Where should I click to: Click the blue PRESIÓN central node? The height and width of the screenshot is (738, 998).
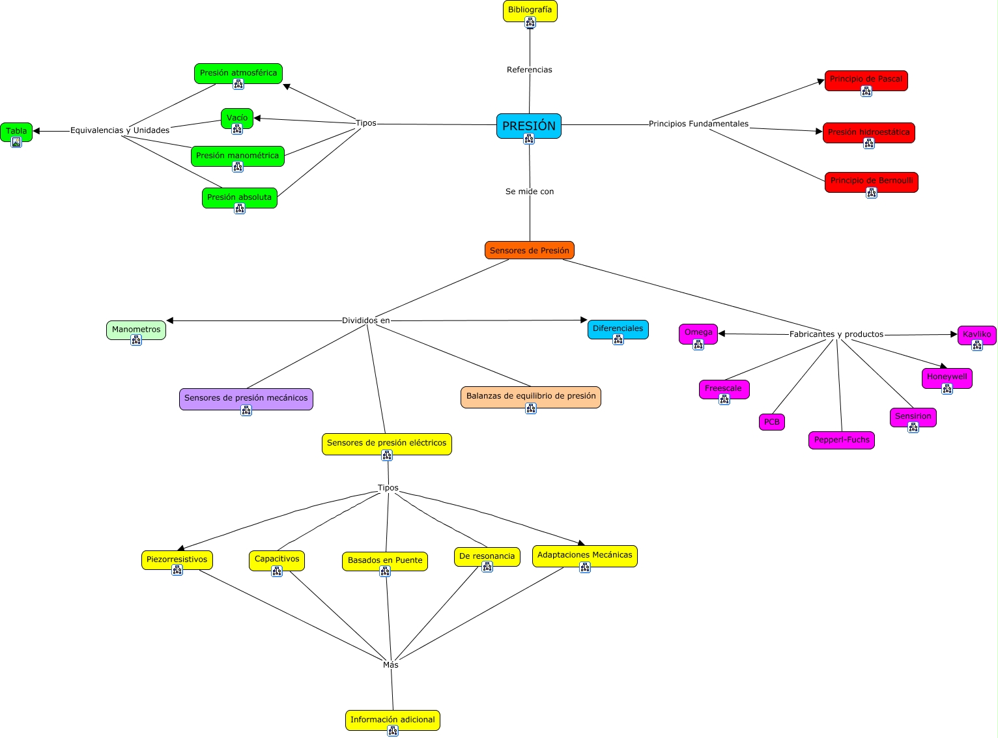[528, 126]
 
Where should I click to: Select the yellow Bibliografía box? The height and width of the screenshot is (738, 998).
[530, 10]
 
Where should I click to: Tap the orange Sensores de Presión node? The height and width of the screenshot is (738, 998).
[529, 250]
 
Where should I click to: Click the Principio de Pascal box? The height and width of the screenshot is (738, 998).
[866, 79]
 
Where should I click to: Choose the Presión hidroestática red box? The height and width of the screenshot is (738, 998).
[868, 132]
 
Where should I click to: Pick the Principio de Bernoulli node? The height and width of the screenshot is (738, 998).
[871, 181]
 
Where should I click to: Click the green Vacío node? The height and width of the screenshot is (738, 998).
[237, 118]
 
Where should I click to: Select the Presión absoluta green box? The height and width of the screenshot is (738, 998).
[239, 197]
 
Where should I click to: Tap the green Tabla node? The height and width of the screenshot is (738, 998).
[16, 131]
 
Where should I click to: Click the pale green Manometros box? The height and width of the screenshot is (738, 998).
[136, 330]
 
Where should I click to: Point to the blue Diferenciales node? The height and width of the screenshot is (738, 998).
[618, 329]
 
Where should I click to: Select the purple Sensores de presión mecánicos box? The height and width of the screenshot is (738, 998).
[246, 398]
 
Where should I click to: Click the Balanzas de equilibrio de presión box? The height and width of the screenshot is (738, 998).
[530, 396]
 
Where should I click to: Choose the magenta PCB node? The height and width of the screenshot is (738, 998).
[771, 422]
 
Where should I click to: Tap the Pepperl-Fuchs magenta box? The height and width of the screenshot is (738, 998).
[841, 440]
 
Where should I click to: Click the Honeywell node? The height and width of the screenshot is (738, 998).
[947, 377]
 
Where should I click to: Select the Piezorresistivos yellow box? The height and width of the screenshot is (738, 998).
[177, 560]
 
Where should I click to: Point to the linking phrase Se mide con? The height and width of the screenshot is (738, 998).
[530, 192]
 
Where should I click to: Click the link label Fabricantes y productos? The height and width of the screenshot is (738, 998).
[836, 334]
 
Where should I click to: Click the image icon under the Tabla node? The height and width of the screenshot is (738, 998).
[16, 142]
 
